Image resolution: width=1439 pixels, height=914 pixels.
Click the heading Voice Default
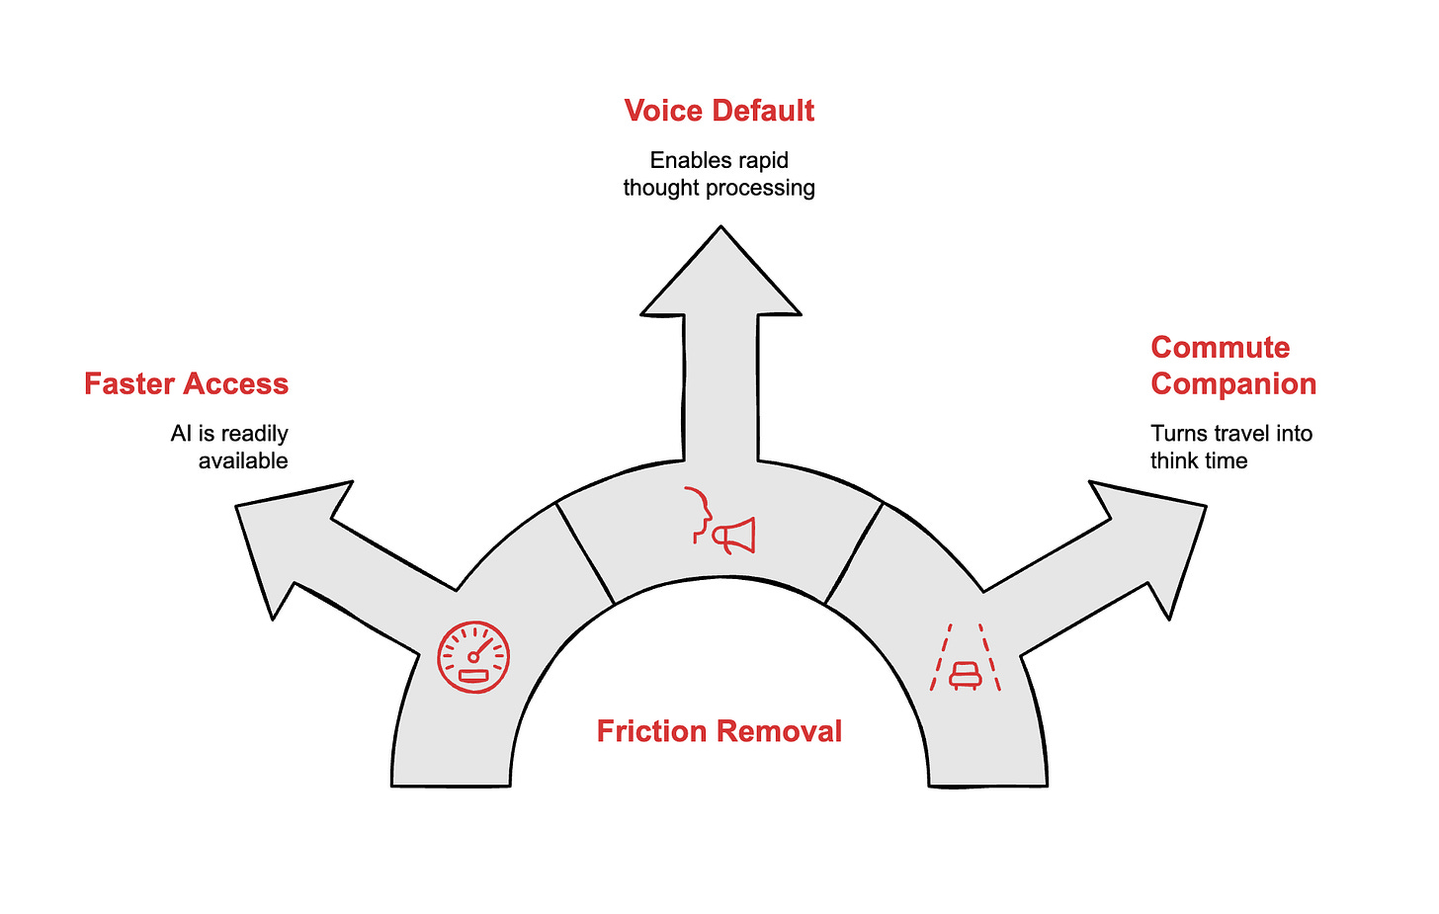pyautogui.click(x=719, y=111)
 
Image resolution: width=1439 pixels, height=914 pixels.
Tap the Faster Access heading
pyautogui.click(x=186, y=383)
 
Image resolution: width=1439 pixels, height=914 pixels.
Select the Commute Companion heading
pyautogui.click(x=1232, y=366)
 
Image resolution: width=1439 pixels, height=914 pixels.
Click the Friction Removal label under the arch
pyautogui.click(x=719, y=731)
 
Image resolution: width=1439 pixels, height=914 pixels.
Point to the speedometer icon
pyautogui.click(x=473, y=657)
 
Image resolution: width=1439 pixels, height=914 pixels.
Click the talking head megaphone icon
pyautogui.click(x=720, y=520)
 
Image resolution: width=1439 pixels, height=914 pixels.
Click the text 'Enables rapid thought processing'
pyautogui.click(x=719, y=174)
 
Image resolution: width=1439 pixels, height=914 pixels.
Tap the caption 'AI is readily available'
pyautogui.click(x=229, y=447)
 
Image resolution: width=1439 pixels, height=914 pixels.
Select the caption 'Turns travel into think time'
pyautogui.click(x=1230, y=447)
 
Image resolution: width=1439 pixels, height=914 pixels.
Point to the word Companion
pyautogui.click(x=1232, y=383)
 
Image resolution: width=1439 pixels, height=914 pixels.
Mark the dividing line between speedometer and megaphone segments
pyautogui.click(x=585, y=553)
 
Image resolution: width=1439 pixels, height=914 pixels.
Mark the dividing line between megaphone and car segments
pyautogui.click(x=854, y=553)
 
